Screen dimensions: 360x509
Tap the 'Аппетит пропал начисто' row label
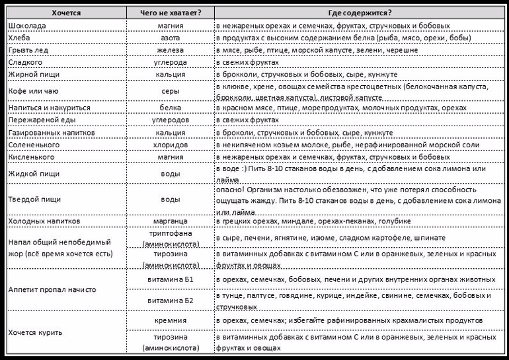point(52,289)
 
